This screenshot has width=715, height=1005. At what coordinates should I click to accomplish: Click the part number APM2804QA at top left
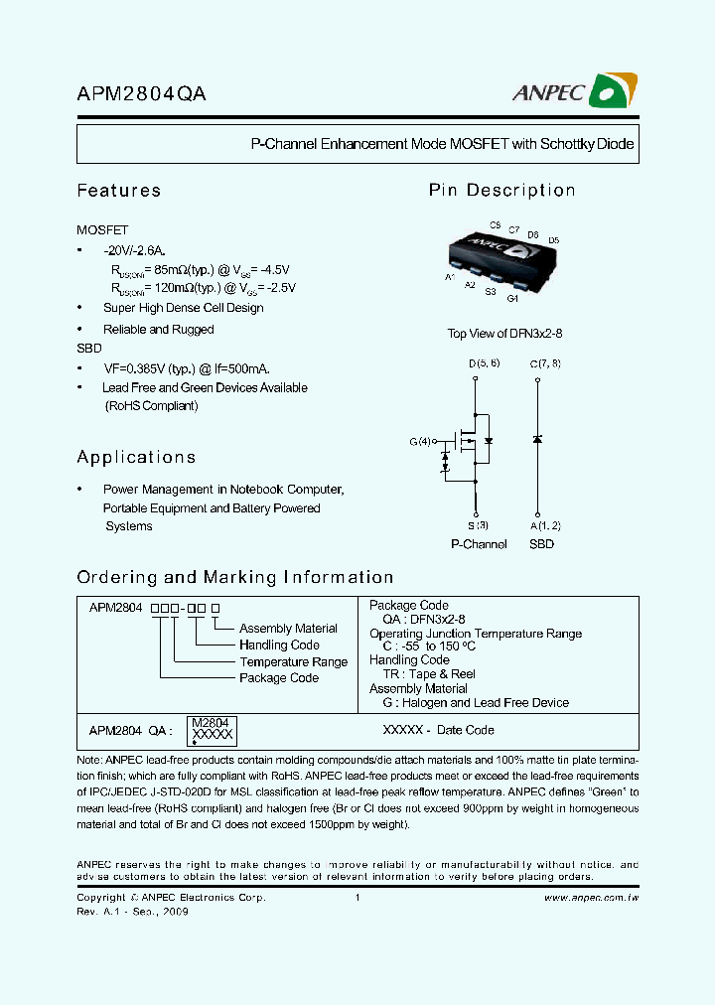(142, 93)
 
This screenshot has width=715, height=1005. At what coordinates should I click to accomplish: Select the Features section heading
(119, 191)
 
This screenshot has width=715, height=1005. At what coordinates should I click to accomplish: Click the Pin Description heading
(501, 191)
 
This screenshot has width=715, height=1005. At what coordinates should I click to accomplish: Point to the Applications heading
(136, 458)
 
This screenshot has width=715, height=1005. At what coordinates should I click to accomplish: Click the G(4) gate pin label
(421, 441)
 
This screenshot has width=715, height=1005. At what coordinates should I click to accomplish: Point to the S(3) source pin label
(478, 525)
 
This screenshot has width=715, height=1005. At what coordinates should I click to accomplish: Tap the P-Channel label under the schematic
(479, 544)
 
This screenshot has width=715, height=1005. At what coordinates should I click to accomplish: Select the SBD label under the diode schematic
(541, 544)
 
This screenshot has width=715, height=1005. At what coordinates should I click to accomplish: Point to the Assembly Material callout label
(288, 629)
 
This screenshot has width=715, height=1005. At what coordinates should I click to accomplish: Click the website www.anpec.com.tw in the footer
(592, 898)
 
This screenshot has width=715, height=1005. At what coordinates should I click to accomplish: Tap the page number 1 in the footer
(357, 898)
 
